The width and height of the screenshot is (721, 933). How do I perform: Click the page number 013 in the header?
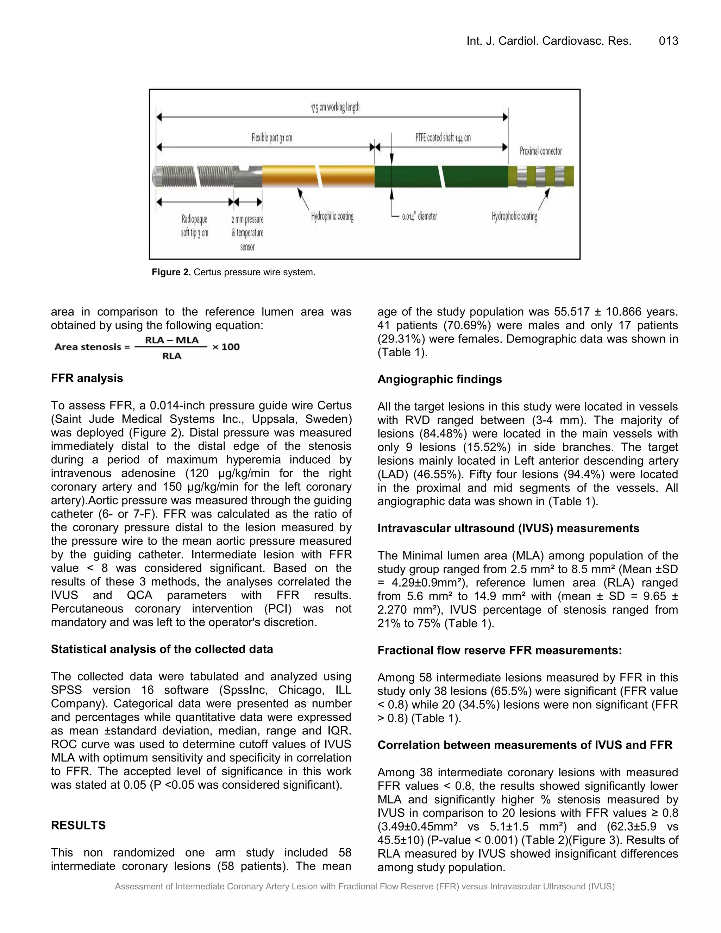[x=668, y=41]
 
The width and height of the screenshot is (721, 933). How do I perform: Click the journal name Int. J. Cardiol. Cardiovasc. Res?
[x=548, y=41]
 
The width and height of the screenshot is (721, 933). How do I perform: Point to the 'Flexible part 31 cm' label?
[x=272, y=138]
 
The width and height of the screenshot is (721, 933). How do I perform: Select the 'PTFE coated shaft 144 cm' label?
[x=443, y=138]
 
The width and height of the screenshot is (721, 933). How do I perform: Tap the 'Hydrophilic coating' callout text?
[x=332, y=216]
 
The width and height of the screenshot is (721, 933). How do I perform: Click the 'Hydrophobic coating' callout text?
[x=514, y=216]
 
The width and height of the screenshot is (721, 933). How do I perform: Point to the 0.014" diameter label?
[x=419, y=217]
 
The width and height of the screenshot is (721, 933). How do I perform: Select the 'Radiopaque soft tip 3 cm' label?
[x=194, y=226]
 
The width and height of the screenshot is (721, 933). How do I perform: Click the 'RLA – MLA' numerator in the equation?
[x=172, y=340]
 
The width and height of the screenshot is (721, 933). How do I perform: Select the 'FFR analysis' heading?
[x=87, y=378]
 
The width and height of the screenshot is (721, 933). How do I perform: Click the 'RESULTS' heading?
[x=78, y=825]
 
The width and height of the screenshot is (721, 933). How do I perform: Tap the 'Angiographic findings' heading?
[x=439, y=379]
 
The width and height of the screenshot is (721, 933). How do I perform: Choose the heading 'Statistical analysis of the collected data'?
[x=162, y=649]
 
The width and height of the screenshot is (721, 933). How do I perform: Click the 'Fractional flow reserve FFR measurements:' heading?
[x=499, y=650]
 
